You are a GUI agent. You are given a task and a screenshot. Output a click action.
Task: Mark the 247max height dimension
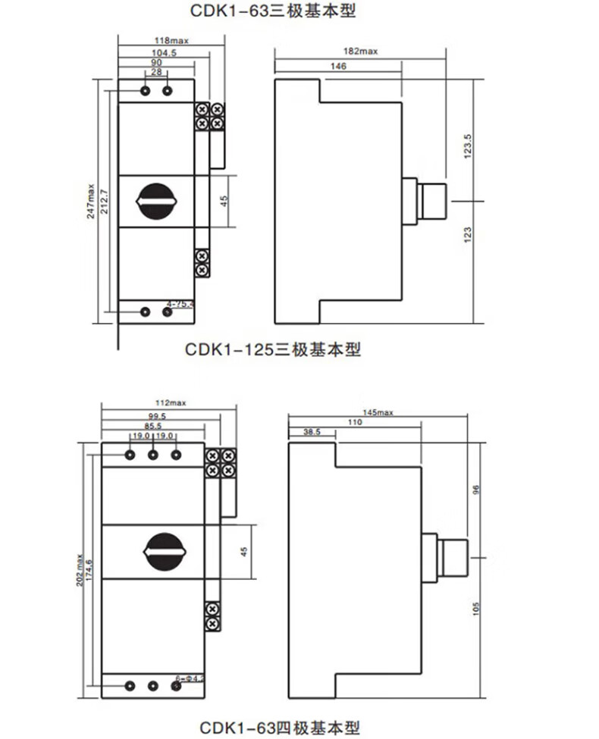(x=91, y=202)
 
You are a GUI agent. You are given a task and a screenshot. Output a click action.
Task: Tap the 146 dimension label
(x=338, y=67)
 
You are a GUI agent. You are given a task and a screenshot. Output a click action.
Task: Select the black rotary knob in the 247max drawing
(x=157, y=201)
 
